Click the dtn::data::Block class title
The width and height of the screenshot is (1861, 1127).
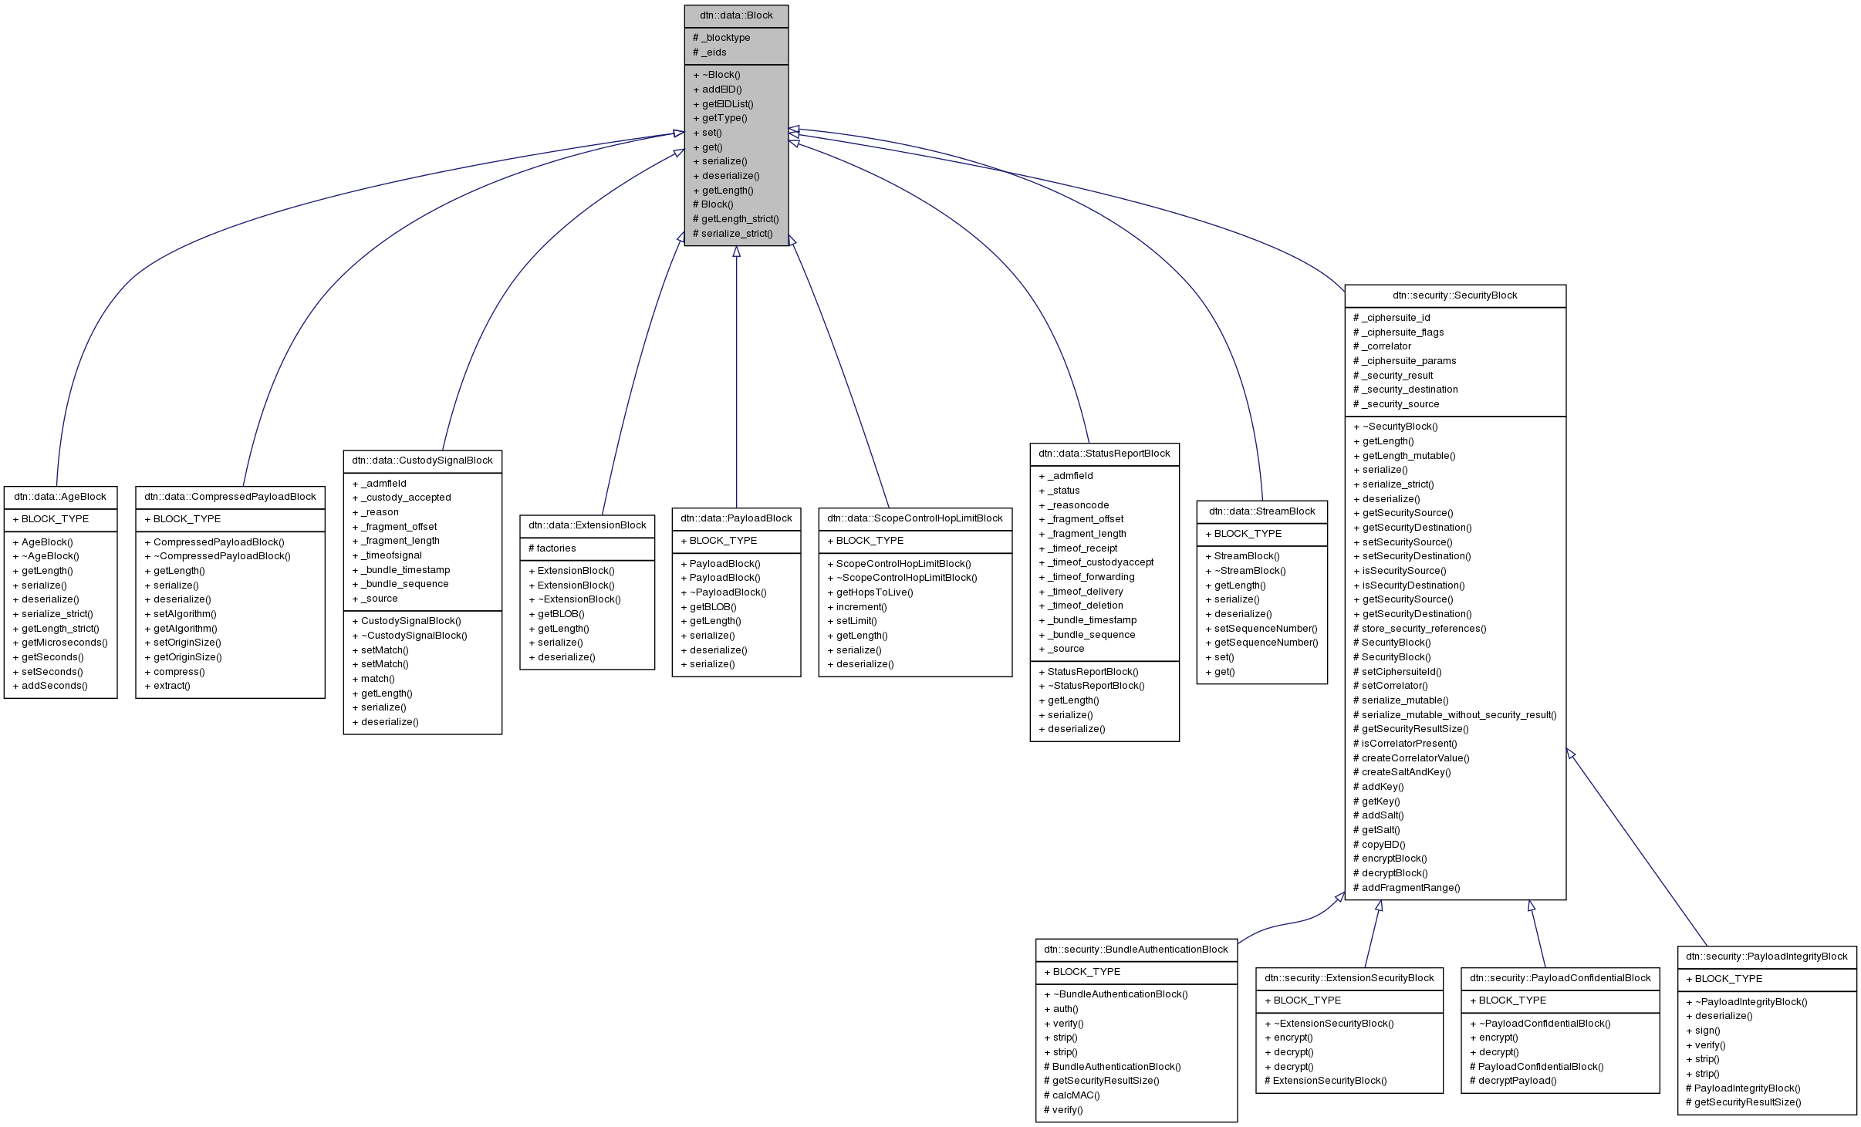(x=735, y=15)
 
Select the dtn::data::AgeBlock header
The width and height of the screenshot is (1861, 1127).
(x=60, y=497)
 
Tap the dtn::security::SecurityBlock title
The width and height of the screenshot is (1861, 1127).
(x=1454, y=295)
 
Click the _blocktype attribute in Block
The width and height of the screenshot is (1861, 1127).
(x=725, y=38)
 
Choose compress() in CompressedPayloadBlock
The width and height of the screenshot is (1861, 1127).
(x=178, y=672)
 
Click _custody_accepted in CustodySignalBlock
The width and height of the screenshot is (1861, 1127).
(x=405, y=498)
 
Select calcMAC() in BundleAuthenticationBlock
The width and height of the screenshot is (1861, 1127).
(x=1076, y=1095)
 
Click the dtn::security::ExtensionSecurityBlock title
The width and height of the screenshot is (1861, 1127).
(x=1349, y=978)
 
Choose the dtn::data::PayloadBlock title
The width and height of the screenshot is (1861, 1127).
(x=736, y=518)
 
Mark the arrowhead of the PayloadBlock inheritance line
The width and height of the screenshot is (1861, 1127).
(x=736, y=251)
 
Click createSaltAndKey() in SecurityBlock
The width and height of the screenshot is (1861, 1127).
(x=1406, y=772)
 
